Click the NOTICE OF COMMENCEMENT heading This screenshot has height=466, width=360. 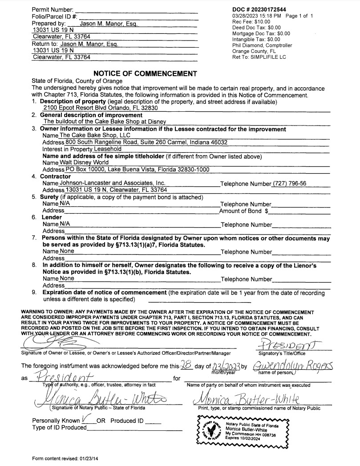click(145, 73)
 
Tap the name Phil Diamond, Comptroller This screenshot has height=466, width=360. click(262, 45)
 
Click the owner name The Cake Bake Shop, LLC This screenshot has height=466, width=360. click(95, 135)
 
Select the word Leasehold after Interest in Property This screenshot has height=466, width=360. click(107, 149)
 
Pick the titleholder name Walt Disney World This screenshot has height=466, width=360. click(84, 163)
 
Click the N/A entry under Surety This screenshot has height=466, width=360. click(65, 203)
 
